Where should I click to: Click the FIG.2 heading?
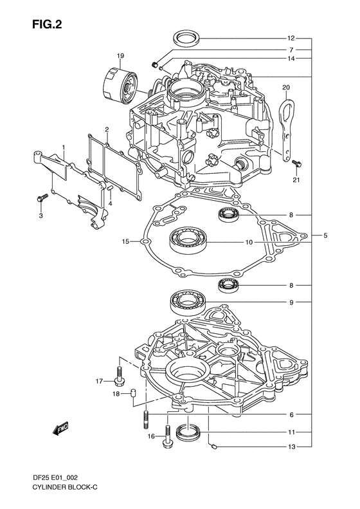point(47,24)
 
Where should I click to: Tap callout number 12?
point(291,39)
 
